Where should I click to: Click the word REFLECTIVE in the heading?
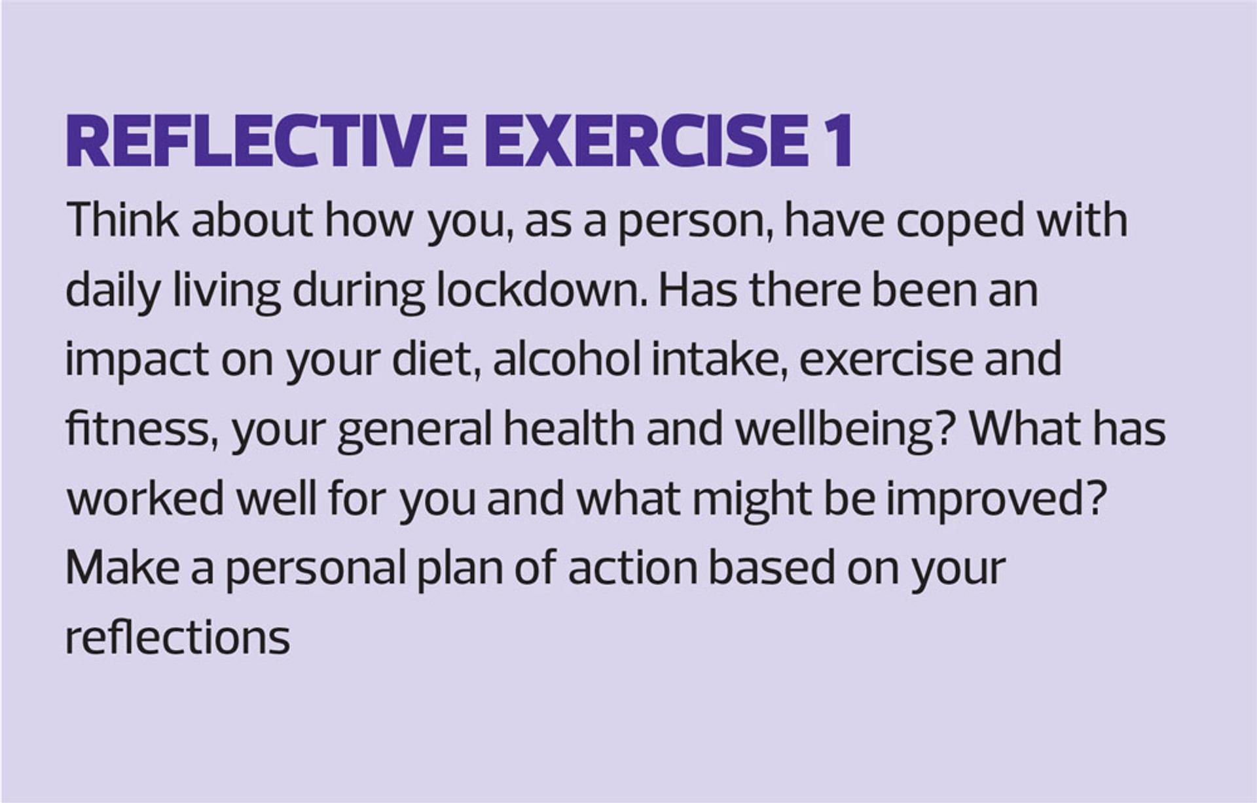pyautogui.click(x=266, y=141)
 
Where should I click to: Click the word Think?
pyautogui.click(x=122, y=220)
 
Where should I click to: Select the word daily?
pyautogui.click(x=113, y=292)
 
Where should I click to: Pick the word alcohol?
pyautogui.click(x=566, y=359)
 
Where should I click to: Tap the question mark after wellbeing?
pyautogui.click(x=947, y=429)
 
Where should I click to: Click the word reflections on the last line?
pyautogui.click(x=177, y=637)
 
